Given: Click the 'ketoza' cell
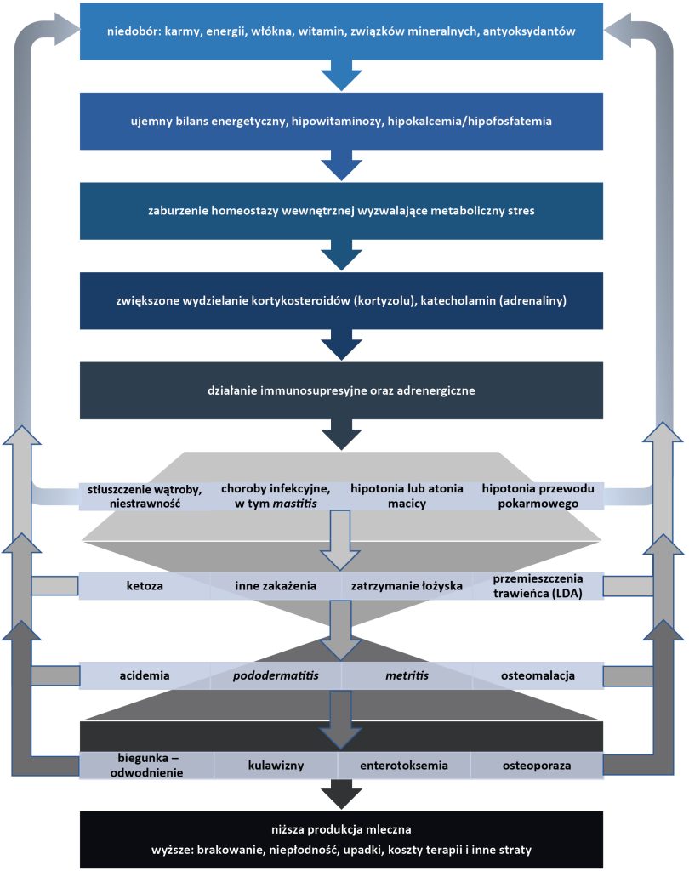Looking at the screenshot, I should click(x=145, y=586).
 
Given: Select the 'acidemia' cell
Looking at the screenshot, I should click(x=145, y=676).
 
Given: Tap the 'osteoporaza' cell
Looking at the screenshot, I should click(x=537, y=766).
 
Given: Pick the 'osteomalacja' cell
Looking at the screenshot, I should click(x=537, y=676).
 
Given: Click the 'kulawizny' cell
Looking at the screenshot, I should click(x=276, y=766).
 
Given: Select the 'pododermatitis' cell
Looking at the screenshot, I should click(x=276, y=676).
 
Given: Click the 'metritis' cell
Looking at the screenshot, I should click(x=406, y=676).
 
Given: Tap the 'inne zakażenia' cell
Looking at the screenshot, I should click(x=276, y=586).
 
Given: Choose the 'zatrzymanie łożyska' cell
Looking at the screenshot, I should click(x=406, y=586).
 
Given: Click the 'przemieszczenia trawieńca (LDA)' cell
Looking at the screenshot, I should click(x=537, y=586).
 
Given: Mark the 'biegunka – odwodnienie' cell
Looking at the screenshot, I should click(x=146, y=766).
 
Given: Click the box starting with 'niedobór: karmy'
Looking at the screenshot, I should click(x=341, y=31).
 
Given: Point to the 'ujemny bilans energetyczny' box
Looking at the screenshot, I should click(x=341, y=122).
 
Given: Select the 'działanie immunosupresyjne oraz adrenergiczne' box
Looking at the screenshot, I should click(x=341, y=391).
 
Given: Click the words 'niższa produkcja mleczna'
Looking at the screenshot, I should click(x=341, y=829).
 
